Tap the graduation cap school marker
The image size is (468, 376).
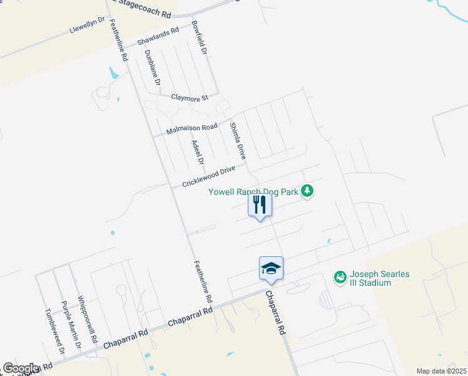[272, 268]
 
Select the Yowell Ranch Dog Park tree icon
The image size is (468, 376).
[307, 190]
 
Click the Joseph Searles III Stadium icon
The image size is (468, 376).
[340, 276]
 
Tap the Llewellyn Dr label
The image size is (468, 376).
[88, 25]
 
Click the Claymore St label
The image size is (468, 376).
[191, 98]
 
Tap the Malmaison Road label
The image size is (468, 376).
[192, 129]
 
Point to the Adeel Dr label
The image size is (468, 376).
[198, 152]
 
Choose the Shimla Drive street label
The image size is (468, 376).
[237, 140]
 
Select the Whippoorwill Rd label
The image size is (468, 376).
[88, 320]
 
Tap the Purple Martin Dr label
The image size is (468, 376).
[71, 325]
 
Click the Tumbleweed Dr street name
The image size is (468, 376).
[54, 332]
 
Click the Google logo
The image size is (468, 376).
[21, 368]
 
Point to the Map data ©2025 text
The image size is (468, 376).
[442, 371]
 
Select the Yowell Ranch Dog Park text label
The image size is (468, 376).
[253, 191]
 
